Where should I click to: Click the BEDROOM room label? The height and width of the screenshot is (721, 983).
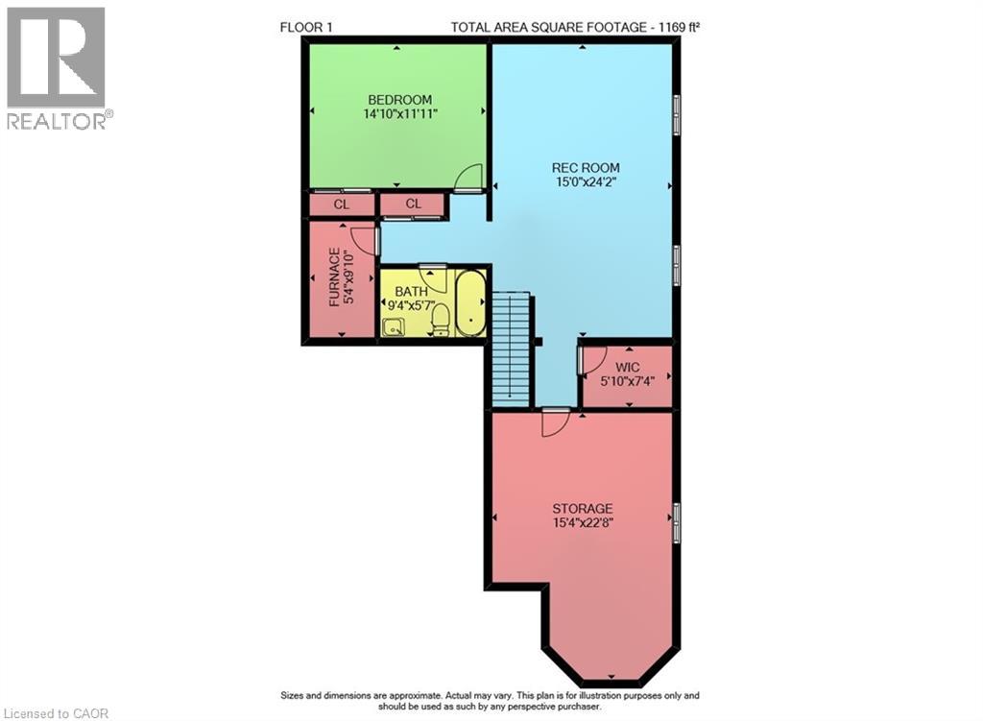pos(399,99)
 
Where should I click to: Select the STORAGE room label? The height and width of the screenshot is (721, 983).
pos(582,508)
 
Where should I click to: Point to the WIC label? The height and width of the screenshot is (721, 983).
pos(628,367)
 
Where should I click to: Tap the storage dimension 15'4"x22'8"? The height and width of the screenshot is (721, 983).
pos(582,523)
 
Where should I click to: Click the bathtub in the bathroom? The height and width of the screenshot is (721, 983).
pos(470,303)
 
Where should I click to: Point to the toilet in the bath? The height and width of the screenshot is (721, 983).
pos(441,319)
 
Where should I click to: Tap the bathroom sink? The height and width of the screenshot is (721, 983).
pos(393,327)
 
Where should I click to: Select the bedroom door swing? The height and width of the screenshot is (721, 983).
pos(468,179)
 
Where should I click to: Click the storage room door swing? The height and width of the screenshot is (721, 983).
pos(556,422)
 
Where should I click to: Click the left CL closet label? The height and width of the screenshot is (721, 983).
pos(341,204)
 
